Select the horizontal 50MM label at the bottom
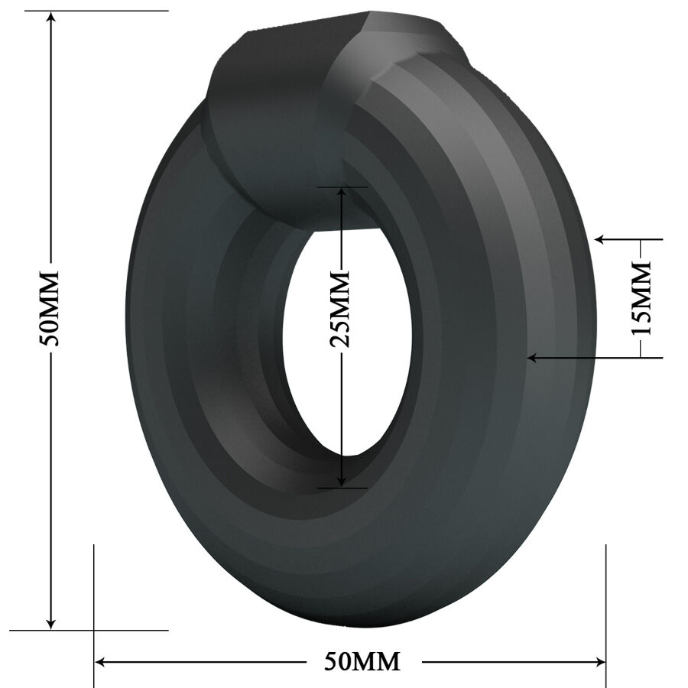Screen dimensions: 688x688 tap(362, 661)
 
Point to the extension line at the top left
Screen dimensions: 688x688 tap(92, 11)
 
